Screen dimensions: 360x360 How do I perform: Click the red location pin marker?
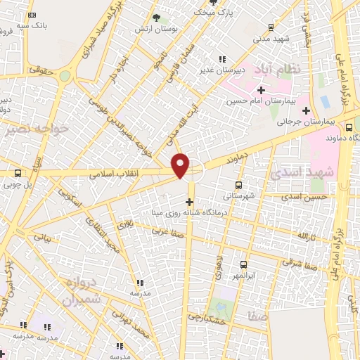click(x=181, y=165)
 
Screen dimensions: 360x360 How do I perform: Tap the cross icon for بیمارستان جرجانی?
click(x=305, y=110)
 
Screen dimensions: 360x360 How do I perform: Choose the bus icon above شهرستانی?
click(x=239, y=185)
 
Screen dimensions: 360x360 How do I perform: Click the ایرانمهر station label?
click(x=243, y=276)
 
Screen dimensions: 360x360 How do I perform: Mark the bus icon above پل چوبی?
click(x=18, y=173)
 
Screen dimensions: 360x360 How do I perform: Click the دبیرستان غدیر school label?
click(x=224, y=70)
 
